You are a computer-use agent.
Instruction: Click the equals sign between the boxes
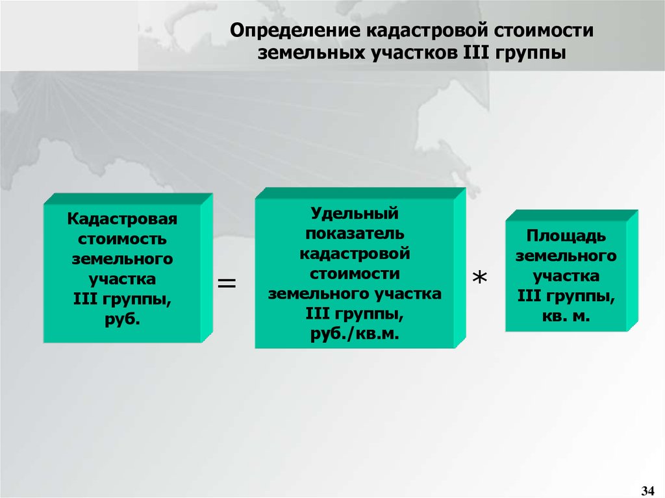click(227, 283)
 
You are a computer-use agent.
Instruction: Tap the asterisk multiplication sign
click(480, 278)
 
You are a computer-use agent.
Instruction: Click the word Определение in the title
click(295, 31)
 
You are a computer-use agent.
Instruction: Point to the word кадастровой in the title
click(427, 31)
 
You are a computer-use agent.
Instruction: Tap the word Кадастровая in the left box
click(122, 219)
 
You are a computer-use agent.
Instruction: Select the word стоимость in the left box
click(122, 239)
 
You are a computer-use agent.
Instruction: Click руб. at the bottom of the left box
click(122, 319)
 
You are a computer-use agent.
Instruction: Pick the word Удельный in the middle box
click(355, 213)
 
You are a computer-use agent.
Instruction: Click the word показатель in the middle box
click(355, 233)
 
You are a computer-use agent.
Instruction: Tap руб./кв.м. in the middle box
click(355, 334)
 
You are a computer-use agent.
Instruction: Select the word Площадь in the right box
click(566, 236)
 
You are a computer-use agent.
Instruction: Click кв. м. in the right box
click(566, 316)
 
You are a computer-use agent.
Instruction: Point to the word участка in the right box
click(566, 276)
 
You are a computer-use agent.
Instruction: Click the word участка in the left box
click(122, 279)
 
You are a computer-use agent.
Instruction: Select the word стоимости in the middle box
click(355, 273)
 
